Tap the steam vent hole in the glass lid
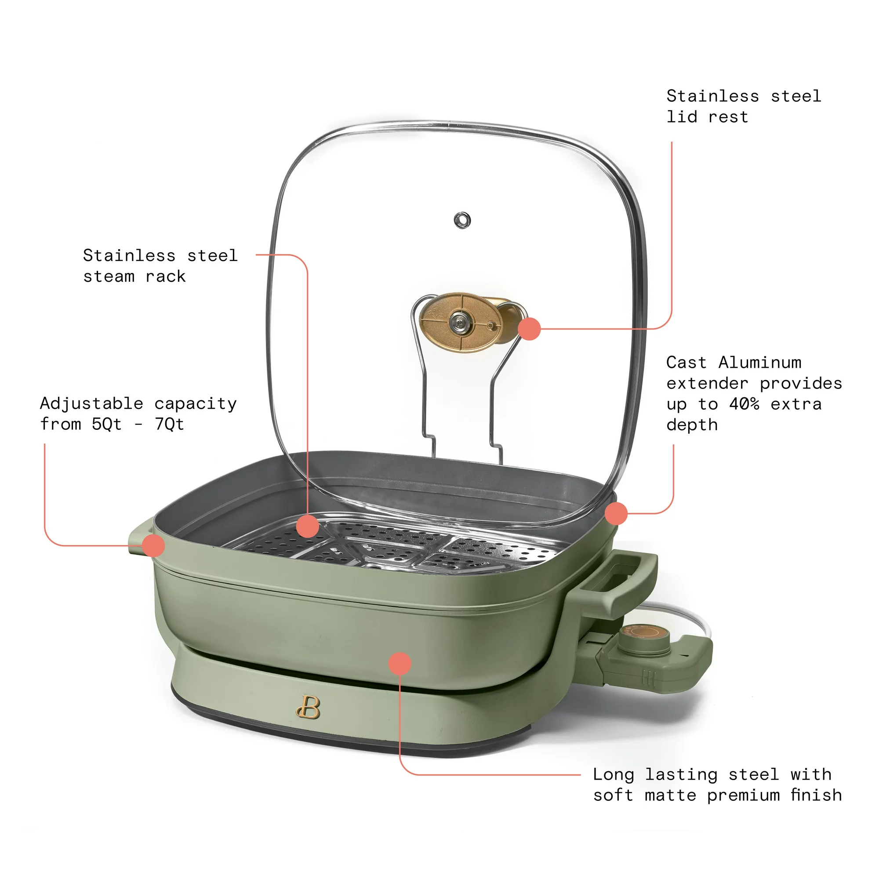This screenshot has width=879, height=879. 462,220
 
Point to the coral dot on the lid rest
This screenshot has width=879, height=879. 529,328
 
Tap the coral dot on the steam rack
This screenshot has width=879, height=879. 308,526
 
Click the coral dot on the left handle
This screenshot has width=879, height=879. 153,545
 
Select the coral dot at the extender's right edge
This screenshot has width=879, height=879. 616,514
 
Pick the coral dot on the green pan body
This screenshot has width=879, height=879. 400,664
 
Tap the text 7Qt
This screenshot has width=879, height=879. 169,425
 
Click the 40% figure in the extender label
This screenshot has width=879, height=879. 745,404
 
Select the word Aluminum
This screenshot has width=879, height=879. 760,363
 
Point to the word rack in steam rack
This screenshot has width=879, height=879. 166,276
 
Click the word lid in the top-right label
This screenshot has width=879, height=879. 682,117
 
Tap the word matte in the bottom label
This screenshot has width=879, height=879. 671,795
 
